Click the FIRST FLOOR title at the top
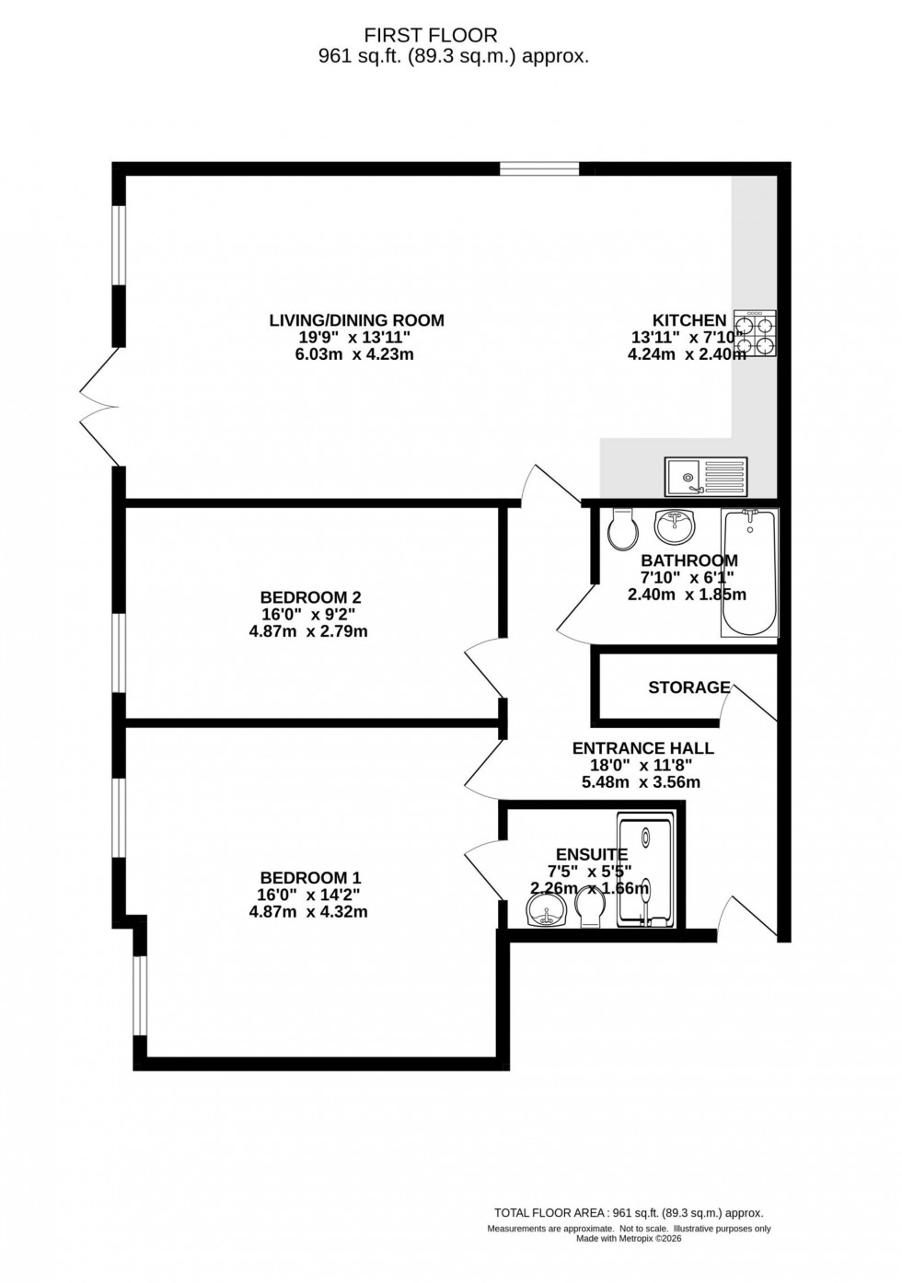point(431,35)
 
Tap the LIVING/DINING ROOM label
point(356,320)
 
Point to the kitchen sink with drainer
point(706,476)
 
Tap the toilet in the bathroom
point(623,528)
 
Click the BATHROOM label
point(688,561)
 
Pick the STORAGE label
point(688,688)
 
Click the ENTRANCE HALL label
point(642,748)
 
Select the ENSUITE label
point(591,854)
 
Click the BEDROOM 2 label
point(304,597)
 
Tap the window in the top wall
point(540,168)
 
